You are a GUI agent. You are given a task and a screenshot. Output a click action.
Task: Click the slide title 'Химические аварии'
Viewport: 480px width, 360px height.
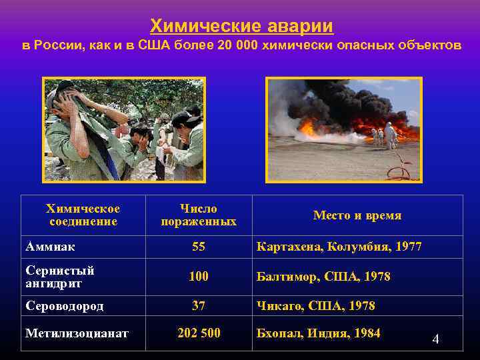(x=241, y=26)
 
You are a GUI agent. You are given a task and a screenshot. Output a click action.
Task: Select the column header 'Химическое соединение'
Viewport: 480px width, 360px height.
(x=83, y=215)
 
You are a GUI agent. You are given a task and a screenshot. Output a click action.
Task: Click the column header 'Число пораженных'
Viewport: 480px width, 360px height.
(x=198, y=215)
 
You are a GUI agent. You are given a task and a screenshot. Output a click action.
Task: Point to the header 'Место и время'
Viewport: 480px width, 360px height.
(x=357, y=215)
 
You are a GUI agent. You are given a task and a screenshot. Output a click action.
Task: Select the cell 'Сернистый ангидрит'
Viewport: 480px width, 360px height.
(x=59, y=276)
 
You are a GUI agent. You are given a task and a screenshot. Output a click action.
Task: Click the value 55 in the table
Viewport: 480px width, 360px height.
(x=198, y=247)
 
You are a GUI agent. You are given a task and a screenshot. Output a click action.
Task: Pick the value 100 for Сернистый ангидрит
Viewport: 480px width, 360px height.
(x=198, y=276)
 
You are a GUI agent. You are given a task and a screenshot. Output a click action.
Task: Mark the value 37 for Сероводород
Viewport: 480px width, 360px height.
(x=198, y=306)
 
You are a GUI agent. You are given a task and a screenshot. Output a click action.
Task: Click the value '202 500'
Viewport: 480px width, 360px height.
(x=198, y=333)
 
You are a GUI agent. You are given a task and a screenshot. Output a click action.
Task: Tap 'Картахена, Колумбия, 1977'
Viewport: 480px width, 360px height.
(x=339, y=247)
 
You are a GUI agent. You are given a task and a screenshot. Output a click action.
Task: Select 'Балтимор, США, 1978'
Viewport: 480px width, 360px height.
(x=323, y=276)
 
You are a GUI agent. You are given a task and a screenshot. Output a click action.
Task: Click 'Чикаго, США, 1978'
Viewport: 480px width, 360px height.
(x=315, y=306)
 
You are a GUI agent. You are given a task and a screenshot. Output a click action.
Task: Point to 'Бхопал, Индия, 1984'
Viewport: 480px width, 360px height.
(x=318, y=333)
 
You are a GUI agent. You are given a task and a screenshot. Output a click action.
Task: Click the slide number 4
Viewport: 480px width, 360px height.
(x=435, y=339)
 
